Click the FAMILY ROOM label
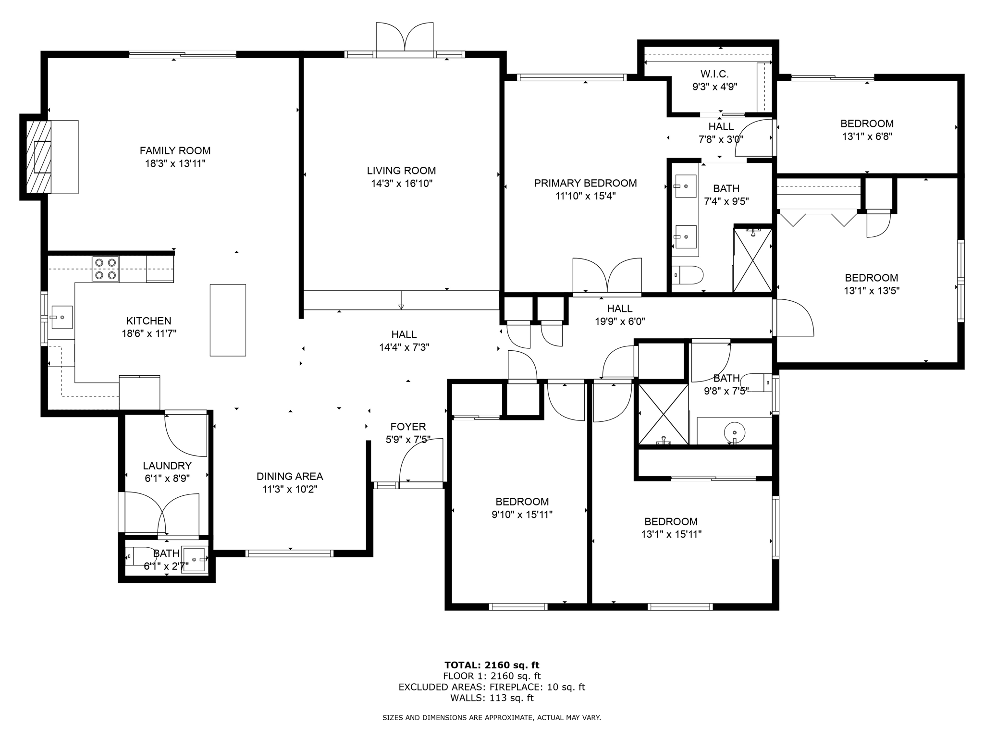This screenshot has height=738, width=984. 175,151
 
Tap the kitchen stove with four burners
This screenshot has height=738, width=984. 106,269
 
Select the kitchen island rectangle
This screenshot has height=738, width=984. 228,320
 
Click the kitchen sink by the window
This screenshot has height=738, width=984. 62,318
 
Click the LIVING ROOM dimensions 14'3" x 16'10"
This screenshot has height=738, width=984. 402,184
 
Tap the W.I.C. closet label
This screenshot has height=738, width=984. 714,74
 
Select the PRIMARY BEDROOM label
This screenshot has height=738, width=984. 585,183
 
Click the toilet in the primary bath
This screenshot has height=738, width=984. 688,275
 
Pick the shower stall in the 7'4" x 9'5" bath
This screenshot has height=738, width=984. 752,260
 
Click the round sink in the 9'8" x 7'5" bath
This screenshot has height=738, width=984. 734,431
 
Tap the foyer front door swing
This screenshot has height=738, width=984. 421,461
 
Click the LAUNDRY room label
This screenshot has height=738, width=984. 167,466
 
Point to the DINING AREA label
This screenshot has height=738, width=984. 290,476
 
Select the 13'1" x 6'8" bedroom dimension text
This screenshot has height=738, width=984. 867,136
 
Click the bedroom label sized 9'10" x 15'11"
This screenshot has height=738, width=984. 522,502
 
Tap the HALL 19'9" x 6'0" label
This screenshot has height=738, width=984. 619,308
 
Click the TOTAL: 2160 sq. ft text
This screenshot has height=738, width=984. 492,665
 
